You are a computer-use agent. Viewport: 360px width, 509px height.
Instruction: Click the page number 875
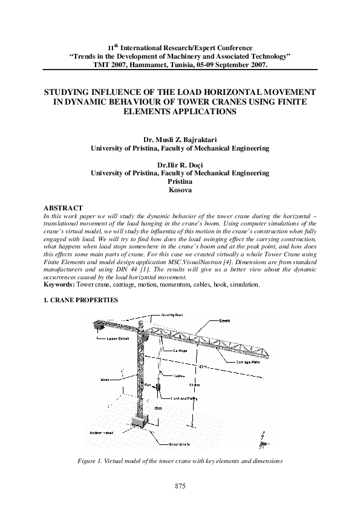180,486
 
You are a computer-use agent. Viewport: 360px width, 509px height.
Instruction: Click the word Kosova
180,190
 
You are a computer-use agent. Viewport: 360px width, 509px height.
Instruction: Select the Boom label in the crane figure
224,320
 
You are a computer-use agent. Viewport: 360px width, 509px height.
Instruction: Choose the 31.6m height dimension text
193,385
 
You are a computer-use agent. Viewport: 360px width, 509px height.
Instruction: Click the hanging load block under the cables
158,386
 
